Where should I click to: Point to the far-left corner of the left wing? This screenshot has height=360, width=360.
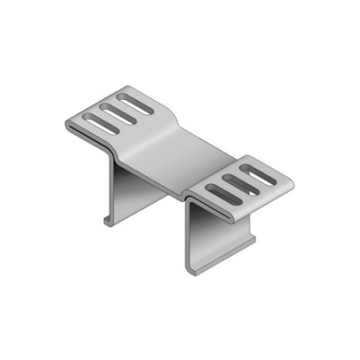tap(65, 123)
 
